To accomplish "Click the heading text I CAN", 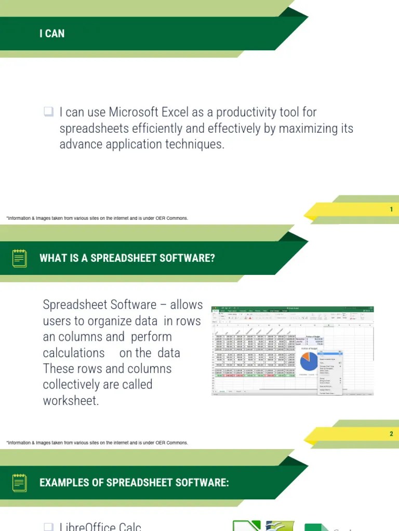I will tap(52, 34).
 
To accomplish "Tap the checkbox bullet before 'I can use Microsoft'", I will tap(48, 111).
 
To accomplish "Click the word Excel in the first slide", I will tap(174, 112).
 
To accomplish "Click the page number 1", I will tap(391, 209).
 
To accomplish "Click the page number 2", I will tap(391, 434).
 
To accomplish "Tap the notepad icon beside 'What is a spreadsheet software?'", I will tap(20, 258).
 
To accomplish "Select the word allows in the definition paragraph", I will tap(187, 305).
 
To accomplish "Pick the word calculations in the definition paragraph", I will tap(74, 353).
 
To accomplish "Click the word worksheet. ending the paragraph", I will tap(71, 401).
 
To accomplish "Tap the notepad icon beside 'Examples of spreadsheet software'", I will tap(20, 483).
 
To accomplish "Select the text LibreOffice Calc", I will tap(100, 526).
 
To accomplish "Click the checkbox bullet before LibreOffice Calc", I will tap(48, 526).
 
